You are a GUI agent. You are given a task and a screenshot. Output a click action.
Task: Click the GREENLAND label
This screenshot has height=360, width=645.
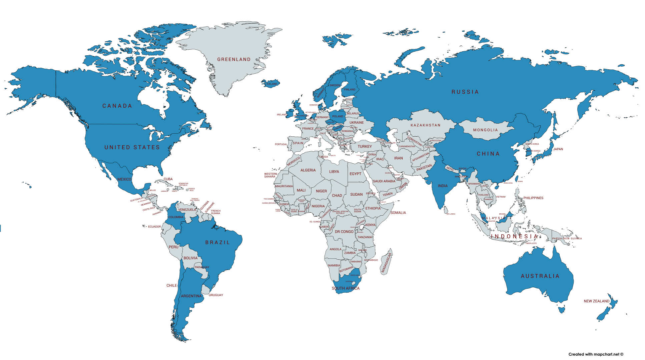[234, 59]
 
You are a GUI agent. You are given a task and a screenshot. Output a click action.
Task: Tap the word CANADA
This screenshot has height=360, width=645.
[117, 106]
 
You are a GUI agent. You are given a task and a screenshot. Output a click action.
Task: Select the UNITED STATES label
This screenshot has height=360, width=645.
[132, 147]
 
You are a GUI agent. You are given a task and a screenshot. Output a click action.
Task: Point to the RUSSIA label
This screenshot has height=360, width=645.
[465, 92]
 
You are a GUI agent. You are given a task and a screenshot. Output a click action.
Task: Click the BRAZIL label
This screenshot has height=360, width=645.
[217, 243]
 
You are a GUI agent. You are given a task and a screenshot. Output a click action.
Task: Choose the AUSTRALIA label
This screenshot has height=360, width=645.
[540, 276]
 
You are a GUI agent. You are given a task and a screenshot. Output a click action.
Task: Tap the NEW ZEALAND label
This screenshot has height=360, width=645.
[596, 301]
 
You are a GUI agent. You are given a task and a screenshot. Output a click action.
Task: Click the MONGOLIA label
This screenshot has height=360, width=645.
[485, 130]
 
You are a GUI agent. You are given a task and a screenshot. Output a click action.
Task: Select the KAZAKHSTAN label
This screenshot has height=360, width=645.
[425, 125]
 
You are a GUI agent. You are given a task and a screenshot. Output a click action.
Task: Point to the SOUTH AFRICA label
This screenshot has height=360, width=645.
[346, 288]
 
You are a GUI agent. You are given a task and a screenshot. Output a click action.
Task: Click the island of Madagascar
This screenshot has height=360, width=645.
[387, 262]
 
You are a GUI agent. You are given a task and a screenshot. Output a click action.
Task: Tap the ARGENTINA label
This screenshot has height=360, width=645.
[191, 296]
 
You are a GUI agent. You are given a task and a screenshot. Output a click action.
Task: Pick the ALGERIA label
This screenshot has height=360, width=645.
[308, 170]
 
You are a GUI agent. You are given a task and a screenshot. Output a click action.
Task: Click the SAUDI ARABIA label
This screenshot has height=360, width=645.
[384, 181]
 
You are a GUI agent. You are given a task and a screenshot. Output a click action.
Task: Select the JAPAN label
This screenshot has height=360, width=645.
[558, 149]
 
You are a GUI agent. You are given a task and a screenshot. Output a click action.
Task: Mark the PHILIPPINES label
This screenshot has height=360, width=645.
[533, 198]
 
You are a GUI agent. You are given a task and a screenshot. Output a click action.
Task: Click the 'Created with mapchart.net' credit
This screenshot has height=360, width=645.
[596, 354]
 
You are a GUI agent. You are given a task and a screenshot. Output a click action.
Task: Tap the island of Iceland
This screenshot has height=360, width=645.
[270, 83]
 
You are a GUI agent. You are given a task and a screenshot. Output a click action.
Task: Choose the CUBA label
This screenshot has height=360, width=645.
[168, 179]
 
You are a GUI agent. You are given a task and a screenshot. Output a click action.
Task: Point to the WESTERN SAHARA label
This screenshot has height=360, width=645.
[270, 175]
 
